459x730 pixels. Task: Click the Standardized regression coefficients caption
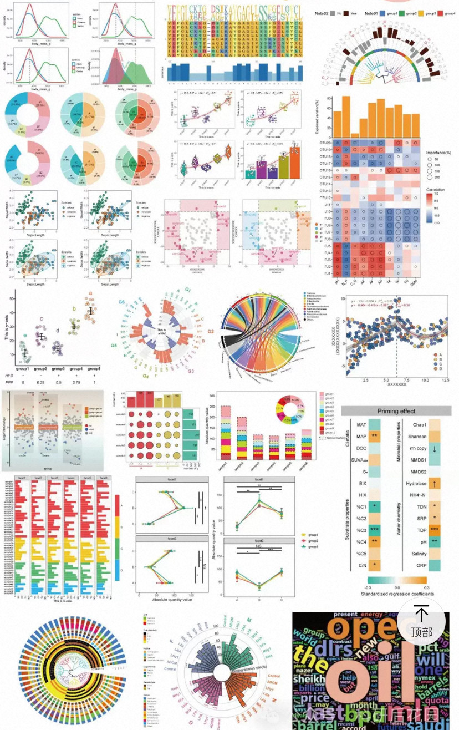tap(397, 594)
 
